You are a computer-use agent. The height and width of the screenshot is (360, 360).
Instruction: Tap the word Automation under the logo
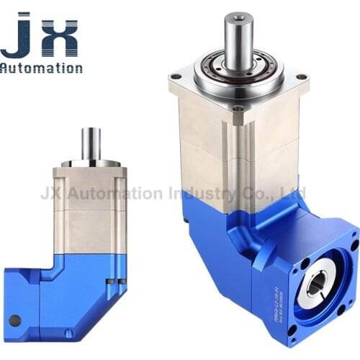[41, 68]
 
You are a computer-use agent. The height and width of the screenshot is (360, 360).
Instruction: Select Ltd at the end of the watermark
[295, 193]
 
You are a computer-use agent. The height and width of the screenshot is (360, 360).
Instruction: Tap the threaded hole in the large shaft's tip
[238, 16]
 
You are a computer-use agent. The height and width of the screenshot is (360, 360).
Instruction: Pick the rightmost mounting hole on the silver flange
[300, 76]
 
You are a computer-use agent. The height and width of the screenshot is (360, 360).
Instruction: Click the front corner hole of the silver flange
[237, 109]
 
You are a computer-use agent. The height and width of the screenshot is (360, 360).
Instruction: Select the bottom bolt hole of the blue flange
[293, 329]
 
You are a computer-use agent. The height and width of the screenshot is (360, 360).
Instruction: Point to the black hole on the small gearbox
[15, 320]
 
